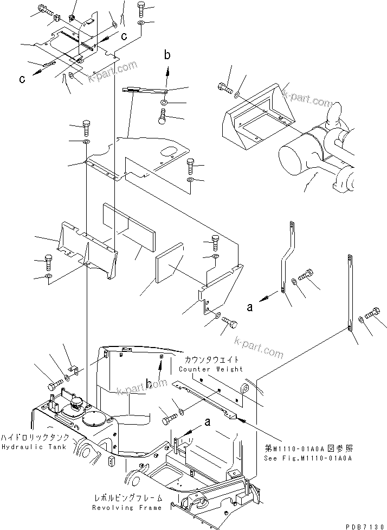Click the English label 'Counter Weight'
(211, 369)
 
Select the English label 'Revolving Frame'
(127, 508)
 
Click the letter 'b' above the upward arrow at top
(167, 55)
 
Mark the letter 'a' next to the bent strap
(250, 307)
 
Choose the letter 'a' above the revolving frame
(207, 421)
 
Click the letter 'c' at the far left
(22, 79)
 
